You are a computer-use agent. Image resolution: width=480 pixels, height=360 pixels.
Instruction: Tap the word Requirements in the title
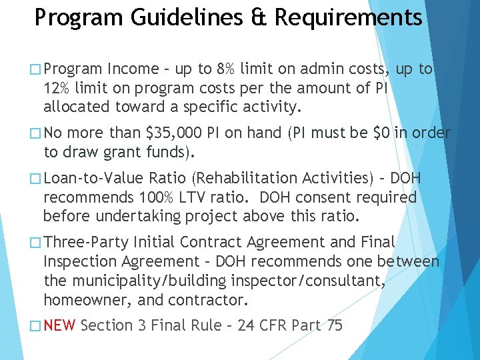pyautogui.click(x=349, y=17)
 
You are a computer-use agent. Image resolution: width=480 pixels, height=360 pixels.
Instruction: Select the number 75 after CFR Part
pyautogui.click(x=335, y=325)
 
